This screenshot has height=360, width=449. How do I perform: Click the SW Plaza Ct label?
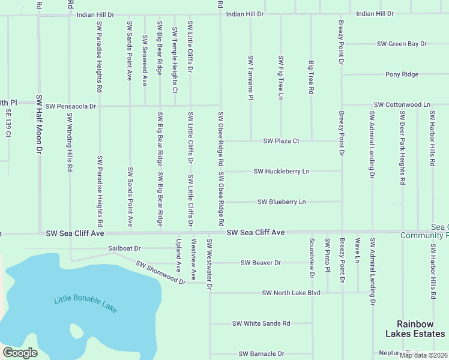pos(281,141)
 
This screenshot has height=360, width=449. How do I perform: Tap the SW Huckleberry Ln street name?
pos(281,172)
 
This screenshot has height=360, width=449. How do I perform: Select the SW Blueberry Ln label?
pos(282,202)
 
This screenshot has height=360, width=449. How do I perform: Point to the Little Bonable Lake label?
pos(85,304)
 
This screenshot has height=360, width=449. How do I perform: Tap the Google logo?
pos(20,353)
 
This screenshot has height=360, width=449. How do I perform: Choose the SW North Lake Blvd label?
pos(291,293)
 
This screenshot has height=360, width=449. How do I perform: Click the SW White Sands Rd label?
pos(261,323)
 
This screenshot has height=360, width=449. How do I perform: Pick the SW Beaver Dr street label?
pos(261,263)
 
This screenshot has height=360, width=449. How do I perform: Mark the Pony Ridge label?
pos(402,74)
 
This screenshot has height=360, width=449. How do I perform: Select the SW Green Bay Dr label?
pos(402,44)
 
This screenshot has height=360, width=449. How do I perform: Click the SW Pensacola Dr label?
pos(70,106)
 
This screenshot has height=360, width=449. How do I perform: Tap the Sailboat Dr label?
pos(124,248)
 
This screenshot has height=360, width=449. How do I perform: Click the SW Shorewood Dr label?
pos(160,272)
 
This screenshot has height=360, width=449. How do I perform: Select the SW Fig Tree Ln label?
pos(281,77)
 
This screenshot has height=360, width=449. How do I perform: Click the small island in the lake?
pos(76,331)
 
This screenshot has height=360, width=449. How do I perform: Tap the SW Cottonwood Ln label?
pos(402,105)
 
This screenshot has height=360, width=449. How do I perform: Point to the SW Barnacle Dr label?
pos(261,354)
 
